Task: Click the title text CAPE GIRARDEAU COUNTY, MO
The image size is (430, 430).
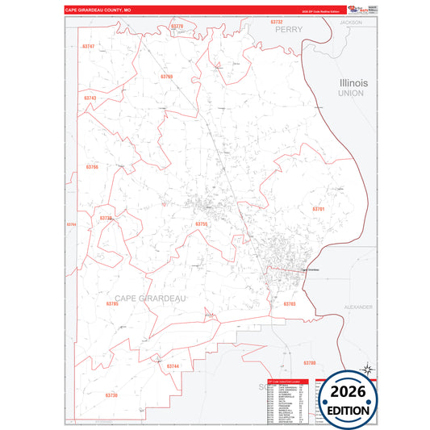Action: point(98,10)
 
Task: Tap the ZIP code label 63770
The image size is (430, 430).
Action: point(177,27)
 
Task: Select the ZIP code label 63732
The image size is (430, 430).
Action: point(277,22)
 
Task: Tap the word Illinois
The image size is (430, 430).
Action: point(353,83)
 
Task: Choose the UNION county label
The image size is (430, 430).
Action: point(351,94)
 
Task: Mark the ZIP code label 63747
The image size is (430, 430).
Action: point(89,47)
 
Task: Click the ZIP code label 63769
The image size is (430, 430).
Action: point(167,76)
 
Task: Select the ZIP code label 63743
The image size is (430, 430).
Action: point(90,98)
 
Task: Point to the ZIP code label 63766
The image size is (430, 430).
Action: point(91,167)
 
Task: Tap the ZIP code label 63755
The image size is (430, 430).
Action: point(202,224)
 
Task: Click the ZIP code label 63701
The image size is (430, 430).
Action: point(318,209)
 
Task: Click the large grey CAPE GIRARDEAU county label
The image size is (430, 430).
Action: point(150,298)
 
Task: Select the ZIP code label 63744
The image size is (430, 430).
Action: point(173,366)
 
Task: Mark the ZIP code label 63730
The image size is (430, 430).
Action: point(111,395)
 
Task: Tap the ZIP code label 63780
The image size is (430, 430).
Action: point(309,363)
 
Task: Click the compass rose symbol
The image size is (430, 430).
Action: point(367,369)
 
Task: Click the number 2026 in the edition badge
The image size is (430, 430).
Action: point(349,392)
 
